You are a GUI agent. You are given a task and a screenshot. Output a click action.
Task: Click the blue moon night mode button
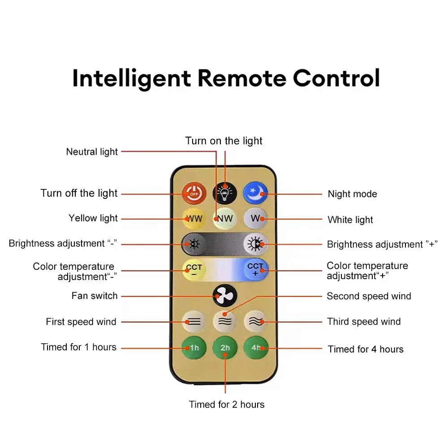pos(255,193)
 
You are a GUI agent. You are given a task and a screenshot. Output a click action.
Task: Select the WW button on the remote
pos(194,219)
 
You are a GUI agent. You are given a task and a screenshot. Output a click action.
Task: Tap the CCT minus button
pos(194,270)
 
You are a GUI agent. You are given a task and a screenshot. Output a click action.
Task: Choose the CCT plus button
pos(255,270)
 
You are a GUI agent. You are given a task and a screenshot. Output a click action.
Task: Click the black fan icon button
pos(224,296)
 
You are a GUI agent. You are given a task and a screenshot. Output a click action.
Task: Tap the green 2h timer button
pos(224,348)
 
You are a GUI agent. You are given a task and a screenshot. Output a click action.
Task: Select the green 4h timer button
pos(255,348)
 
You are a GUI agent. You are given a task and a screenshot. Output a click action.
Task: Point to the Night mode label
pos(352,194)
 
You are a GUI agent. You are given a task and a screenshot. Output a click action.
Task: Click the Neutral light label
pos(92,151)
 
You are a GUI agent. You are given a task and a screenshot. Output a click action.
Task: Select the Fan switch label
pos(95,296)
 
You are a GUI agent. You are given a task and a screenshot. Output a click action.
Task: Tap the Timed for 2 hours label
pos(227,405)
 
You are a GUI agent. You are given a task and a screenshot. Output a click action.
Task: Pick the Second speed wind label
pos(369,296)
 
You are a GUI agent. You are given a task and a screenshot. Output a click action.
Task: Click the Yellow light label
pos(93,218)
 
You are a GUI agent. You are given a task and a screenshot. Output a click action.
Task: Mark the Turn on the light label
pos(224,141)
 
